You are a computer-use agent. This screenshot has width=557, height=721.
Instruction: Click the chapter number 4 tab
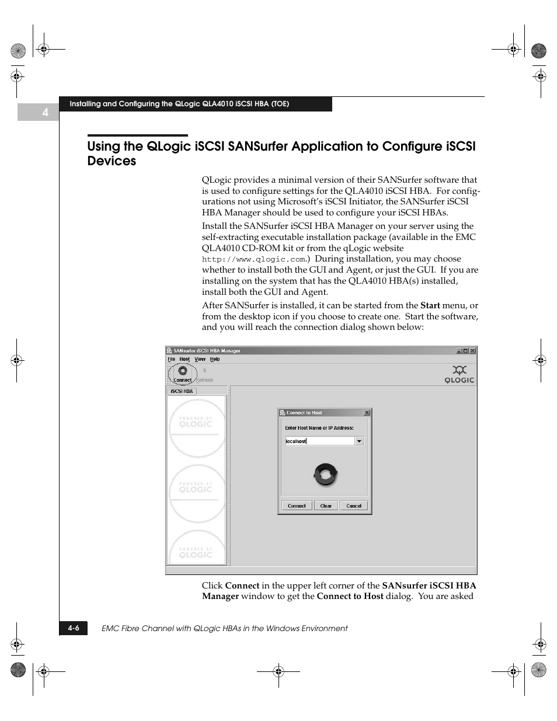pyautogui.click(x=44, y=112)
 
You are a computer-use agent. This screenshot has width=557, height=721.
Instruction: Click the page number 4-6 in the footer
pyautogui.click(x=73, y=628)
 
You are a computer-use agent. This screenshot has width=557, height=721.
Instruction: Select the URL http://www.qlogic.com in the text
pyautogui.click(x=254, y=259)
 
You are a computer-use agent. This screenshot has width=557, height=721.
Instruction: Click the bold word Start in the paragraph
pyautogui.click(x=430, y=305)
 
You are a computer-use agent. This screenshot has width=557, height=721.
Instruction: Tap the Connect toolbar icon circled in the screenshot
pyautogui.click(x=183, y=373)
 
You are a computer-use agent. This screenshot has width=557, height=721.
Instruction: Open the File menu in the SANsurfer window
pyautogui.click(x=172, y=359)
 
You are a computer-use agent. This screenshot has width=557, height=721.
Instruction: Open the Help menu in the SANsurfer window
pyautogui.click(x=215, y=359)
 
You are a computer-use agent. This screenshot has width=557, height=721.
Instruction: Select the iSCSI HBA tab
pyautogui.click(x=182, y=391)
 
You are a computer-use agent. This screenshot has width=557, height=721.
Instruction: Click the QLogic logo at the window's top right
pyautogui.click(x=459, y=374)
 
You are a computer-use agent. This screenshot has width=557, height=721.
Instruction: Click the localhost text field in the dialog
pyautogui.click(x=319, y=441)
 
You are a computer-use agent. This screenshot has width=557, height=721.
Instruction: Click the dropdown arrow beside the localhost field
pyautogui.click(x=359, y=441)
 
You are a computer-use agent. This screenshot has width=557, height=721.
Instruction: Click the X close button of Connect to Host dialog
pyautogui.click(x=367, y=413)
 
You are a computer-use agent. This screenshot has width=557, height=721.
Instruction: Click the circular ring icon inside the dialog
pyautogui.click(x=325, y=474)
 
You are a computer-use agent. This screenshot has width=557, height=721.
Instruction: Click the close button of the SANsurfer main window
pyautogui.click(x=472, y=351)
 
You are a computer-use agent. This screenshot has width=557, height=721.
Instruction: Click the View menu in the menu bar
pyautogui.click(x=200, y=359)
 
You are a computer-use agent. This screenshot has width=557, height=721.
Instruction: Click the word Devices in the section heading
pyautogui.click(x=112, y=161)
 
